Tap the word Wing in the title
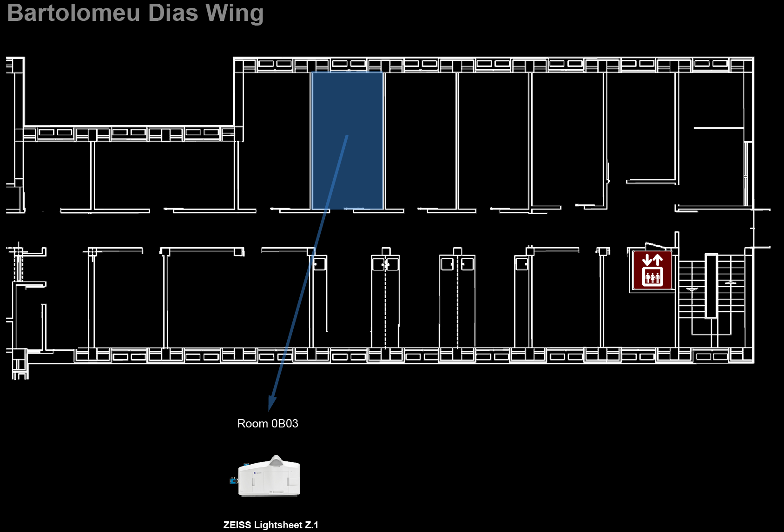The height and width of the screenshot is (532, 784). pos(234,14)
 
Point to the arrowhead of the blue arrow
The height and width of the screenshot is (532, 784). pos(271,404)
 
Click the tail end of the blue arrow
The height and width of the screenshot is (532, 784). pos(347,135)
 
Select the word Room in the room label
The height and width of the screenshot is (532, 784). pos(253,423)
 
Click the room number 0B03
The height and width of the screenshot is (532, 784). pos(285,423)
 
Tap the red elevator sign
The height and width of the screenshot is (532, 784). pos(652,270)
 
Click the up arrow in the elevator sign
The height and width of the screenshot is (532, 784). pos(659,260)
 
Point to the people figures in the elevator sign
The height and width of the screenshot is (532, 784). pos(652,277)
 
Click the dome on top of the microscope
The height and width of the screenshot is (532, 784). pos(276,460)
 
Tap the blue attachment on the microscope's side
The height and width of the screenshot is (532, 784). pos(233,481)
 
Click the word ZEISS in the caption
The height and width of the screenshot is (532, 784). pos(237,525)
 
